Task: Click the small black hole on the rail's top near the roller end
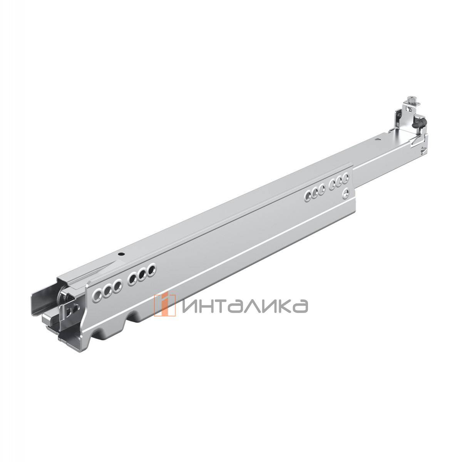click(122, 254)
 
